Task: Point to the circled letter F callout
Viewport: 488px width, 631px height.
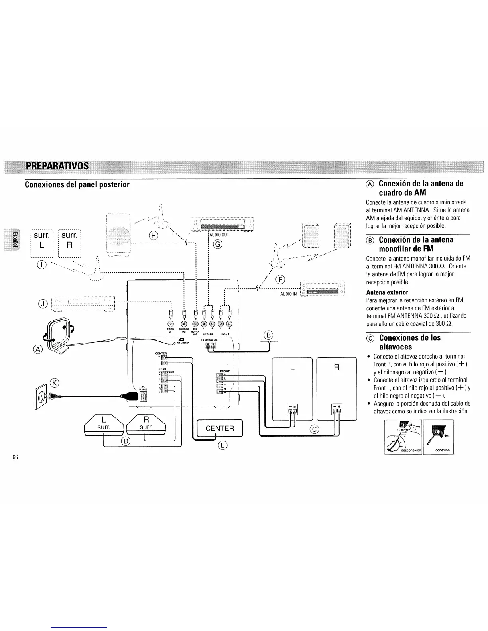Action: [x=280, y=279]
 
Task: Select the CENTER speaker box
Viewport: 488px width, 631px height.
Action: [x=219, y=429]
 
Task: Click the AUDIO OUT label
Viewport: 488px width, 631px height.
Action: [x=220, y=235]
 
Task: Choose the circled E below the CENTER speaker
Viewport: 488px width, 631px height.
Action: [x=222, y=445]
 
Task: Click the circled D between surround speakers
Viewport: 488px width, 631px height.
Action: [x=125, y=441]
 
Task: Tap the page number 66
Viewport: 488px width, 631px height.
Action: [x=15, y=457]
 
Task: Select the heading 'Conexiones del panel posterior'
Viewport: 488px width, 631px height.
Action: [x=77, y=185]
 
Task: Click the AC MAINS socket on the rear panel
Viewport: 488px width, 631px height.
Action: [x=142, y=396]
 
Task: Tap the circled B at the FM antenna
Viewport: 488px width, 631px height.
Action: [x=269, y=336]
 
